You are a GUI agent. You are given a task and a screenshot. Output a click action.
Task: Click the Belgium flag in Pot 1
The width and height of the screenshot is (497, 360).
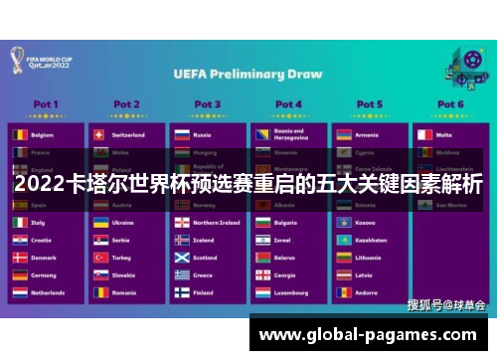[x=19, y=133]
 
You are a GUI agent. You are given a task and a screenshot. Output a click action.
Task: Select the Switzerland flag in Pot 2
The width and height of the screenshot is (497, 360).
[x=99, y=133]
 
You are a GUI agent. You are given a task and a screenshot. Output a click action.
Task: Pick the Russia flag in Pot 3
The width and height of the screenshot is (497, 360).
[x=181, y=133]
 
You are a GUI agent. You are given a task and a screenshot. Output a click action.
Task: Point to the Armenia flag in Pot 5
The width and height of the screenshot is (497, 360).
[x=343, y=133]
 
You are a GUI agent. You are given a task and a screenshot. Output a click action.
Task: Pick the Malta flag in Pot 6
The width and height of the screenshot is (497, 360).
[x=423, y=133]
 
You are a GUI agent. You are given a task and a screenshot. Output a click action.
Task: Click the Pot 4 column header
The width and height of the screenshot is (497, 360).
[x=288, y=103]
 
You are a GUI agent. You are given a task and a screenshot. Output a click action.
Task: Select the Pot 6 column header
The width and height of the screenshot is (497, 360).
[x=449, y=103]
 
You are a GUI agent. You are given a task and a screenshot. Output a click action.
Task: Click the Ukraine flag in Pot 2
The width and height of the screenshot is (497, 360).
[x=99, y=223]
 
